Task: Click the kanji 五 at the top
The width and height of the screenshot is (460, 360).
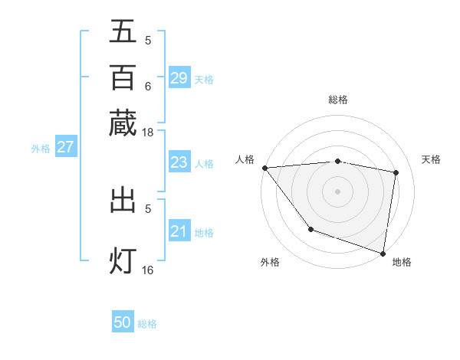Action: [x=123, y=31]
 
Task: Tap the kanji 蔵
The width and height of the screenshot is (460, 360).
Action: [x=123, y=123]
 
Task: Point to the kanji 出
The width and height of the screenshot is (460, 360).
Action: [x=123, y=201]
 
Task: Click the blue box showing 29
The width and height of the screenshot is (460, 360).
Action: [x=179, y=78]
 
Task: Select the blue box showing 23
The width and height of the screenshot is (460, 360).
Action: [x=179, y=162]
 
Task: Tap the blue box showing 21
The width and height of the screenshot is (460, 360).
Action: [x=179, y=231]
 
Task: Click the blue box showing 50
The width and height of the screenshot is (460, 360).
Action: [x=123, y=322]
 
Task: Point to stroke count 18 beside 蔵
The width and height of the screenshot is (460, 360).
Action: [x=148, y=132]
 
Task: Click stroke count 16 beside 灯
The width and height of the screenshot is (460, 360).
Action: [x=148, y=270]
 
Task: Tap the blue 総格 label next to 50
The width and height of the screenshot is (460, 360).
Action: [x=147, y=324]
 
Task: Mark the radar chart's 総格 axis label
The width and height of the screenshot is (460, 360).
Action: [x=337, y=100]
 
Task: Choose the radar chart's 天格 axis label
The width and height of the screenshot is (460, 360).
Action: [x=431, y=159]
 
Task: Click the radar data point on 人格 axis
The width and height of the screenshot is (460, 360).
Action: [x=264, y=168]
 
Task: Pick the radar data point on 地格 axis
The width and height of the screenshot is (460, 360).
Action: [x=383, y=252]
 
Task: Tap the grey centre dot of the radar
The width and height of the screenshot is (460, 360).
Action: [x=337, y=191]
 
